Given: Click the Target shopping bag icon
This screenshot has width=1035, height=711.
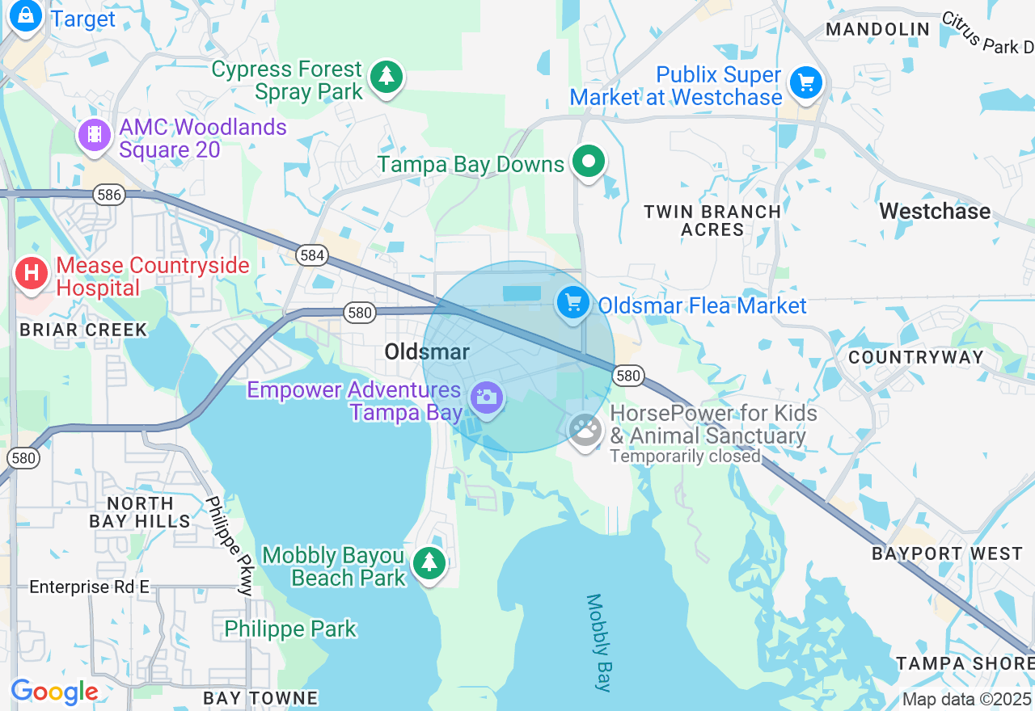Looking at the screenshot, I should (x=25, y=15).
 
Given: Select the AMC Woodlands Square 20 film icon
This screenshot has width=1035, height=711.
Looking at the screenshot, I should (x=95, y=134).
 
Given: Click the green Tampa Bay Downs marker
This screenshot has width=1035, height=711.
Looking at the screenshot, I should (x=589, y=162).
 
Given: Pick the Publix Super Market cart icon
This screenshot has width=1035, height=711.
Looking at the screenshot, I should (x=805, y=82).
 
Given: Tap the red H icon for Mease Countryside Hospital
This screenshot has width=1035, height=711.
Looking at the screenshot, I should (x=32, y=273).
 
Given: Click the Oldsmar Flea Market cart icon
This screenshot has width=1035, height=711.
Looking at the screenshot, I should (x=573, y=303).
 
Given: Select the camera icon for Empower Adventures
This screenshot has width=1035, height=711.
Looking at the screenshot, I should (x=487, y=398).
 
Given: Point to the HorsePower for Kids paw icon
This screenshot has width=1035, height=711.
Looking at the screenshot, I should (x=585, y=430).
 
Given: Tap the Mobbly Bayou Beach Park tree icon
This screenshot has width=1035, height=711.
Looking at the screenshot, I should (x=429, y=562).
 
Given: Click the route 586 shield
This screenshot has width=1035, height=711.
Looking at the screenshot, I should (x=108, y=195).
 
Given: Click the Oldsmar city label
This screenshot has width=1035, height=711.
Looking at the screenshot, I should (x=426, y=351).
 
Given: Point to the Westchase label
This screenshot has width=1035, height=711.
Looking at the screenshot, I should (x=934, y=212).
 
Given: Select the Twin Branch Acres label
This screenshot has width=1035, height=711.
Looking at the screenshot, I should (x=712, y=221).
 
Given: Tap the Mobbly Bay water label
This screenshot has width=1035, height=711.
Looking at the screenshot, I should (x=598, y=643).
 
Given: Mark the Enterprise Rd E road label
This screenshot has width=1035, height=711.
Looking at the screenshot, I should (x=90, y=587).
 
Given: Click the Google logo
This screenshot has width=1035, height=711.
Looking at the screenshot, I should (x=54, y=692).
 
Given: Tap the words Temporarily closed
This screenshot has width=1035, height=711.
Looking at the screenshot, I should (x=685, y=456).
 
